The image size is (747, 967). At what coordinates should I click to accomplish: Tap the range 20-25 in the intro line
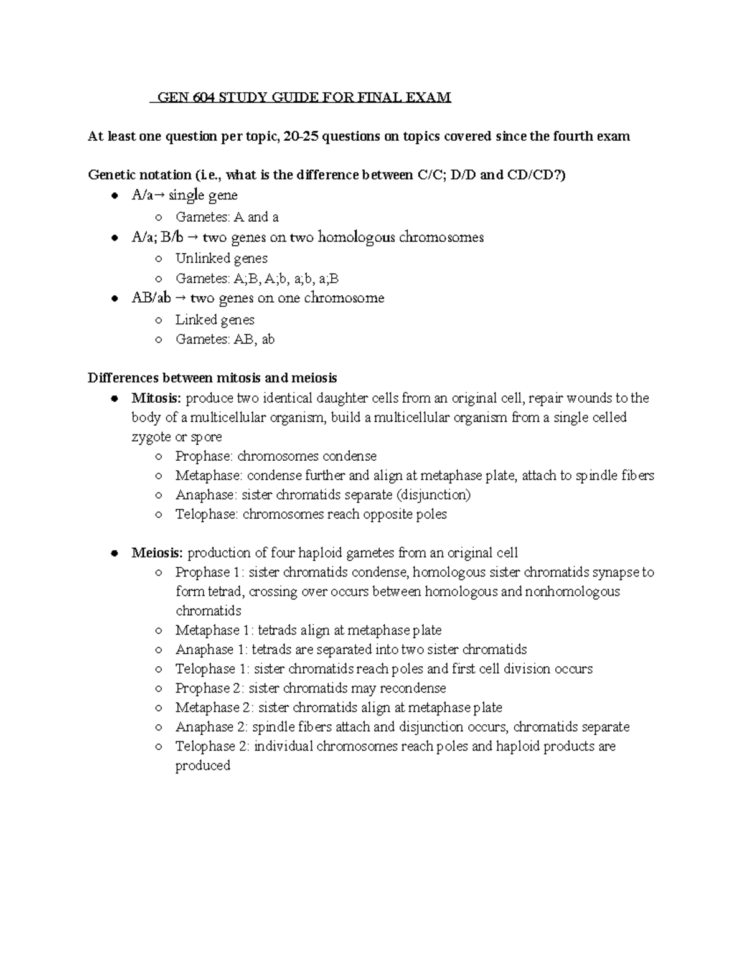[x=301, y=136]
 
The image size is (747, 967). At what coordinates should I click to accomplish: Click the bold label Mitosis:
[x=157, y=398]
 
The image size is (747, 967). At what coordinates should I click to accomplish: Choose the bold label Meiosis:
[x=157, y=553]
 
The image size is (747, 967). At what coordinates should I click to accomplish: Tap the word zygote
[x=152, y=437]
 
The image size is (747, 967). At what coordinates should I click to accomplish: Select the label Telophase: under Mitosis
[x=207, y=514]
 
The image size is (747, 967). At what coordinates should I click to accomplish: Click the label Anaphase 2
[x=212, y=727]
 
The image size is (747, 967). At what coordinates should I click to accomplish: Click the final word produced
[x=203, y=765]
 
